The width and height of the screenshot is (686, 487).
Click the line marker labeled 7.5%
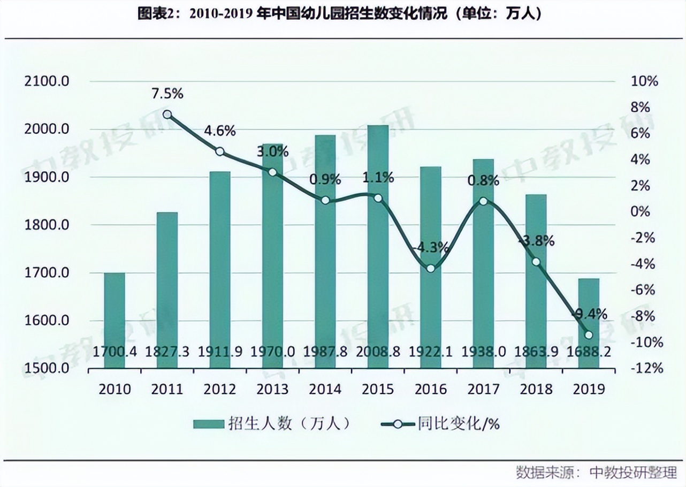pyautogui.click(x=167, y=115)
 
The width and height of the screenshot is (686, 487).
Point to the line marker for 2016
pyautogui.click(x=431, y=268)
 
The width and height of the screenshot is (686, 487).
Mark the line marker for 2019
pyautogui.click(x=589, y=335)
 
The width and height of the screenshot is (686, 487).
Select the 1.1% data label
pyautogui.click(x=378, y=177)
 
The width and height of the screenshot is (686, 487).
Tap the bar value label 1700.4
pyautogui.click(x=115, y=352)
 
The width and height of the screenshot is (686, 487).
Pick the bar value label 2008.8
pyautogui.click(x=378, y=352)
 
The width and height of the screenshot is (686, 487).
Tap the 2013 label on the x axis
pyautogui.click(x=272, y=389)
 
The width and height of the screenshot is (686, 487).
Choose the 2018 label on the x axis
pyautogui.click(x=536, y=389)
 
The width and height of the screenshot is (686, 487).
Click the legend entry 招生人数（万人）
pyautogui.click(x=273, y=424)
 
